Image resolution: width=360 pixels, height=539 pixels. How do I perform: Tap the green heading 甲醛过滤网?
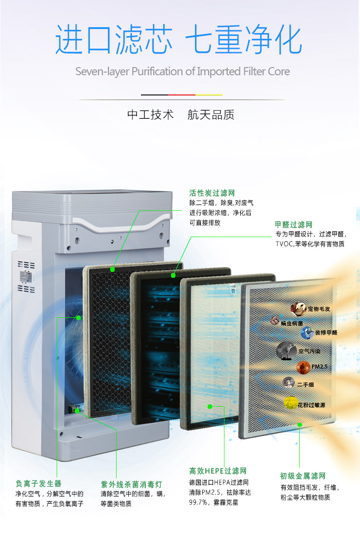click(293, 225)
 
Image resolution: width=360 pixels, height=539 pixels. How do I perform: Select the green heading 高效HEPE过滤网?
click(218, 471)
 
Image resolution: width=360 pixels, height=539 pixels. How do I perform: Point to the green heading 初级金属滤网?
click(302, 476)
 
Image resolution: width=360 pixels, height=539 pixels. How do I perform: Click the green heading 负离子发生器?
click(39, 484)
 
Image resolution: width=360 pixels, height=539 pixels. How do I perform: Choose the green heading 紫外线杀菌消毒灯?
click(131, 484)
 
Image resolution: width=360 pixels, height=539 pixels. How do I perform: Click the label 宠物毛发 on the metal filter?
click(319, 309)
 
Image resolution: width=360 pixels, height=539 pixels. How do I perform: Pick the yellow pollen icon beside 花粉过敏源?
click(291, 403)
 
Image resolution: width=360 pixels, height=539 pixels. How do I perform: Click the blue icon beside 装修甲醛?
click(307, 333)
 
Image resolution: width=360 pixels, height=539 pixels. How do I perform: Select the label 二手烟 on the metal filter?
click(306, 384)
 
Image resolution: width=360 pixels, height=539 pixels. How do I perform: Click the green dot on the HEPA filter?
click(209, 407)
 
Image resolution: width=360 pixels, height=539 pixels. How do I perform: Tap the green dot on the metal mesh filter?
click(300, 424)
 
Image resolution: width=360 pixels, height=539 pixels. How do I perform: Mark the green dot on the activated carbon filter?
click(112, 270)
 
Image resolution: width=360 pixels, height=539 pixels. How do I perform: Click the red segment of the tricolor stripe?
click(182, 95)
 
